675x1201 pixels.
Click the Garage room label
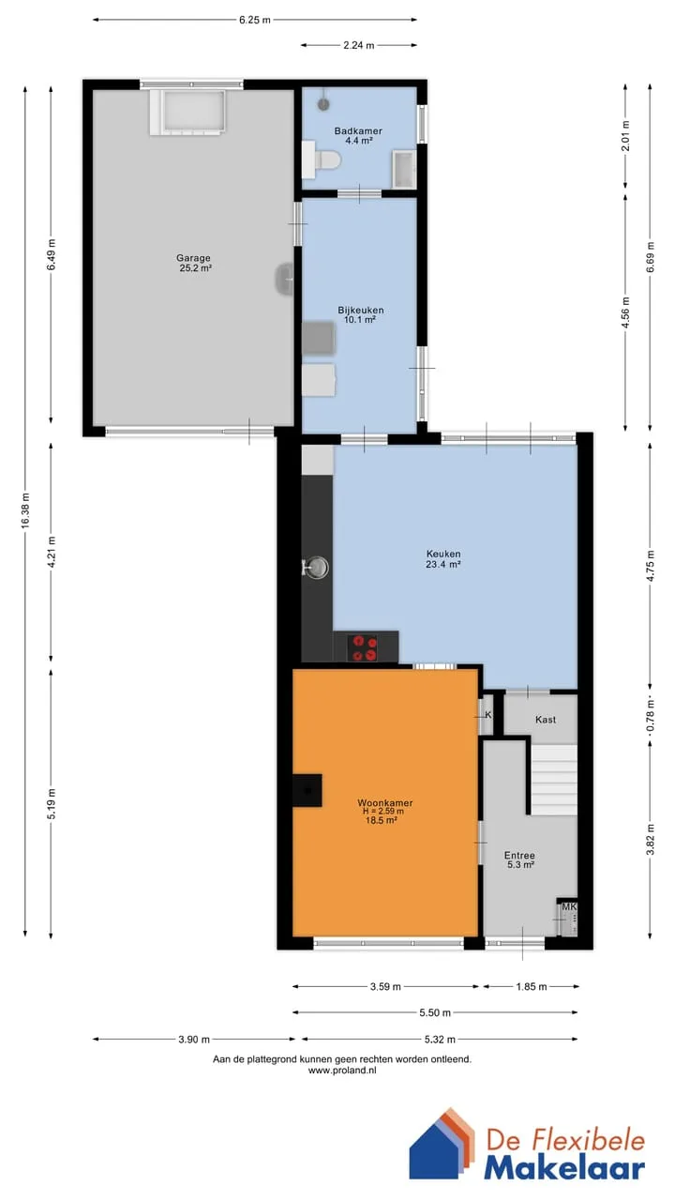193,264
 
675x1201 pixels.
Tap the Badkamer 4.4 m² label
358,136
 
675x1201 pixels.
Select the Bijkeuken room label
361,314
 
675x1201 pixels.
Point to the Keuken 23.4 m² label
443,558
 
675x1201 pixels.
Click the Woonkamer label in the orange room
384,802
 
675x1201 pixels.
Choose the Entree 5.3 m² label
519,859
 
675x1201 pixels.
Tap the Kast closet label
546,720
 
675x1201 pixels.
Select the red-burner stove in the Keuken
363,647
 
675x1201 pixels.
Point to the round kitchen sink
317,568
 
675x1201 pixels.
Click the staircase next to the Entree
554,779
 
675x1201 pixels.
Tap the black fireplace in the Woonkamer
307,790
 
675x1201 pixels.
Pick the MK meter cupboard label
568,907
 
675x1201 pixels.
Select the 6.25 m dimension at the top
255,20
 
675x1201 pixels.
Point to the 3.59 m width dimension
385,986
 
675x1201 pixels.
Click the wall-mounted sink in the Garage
284,279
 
